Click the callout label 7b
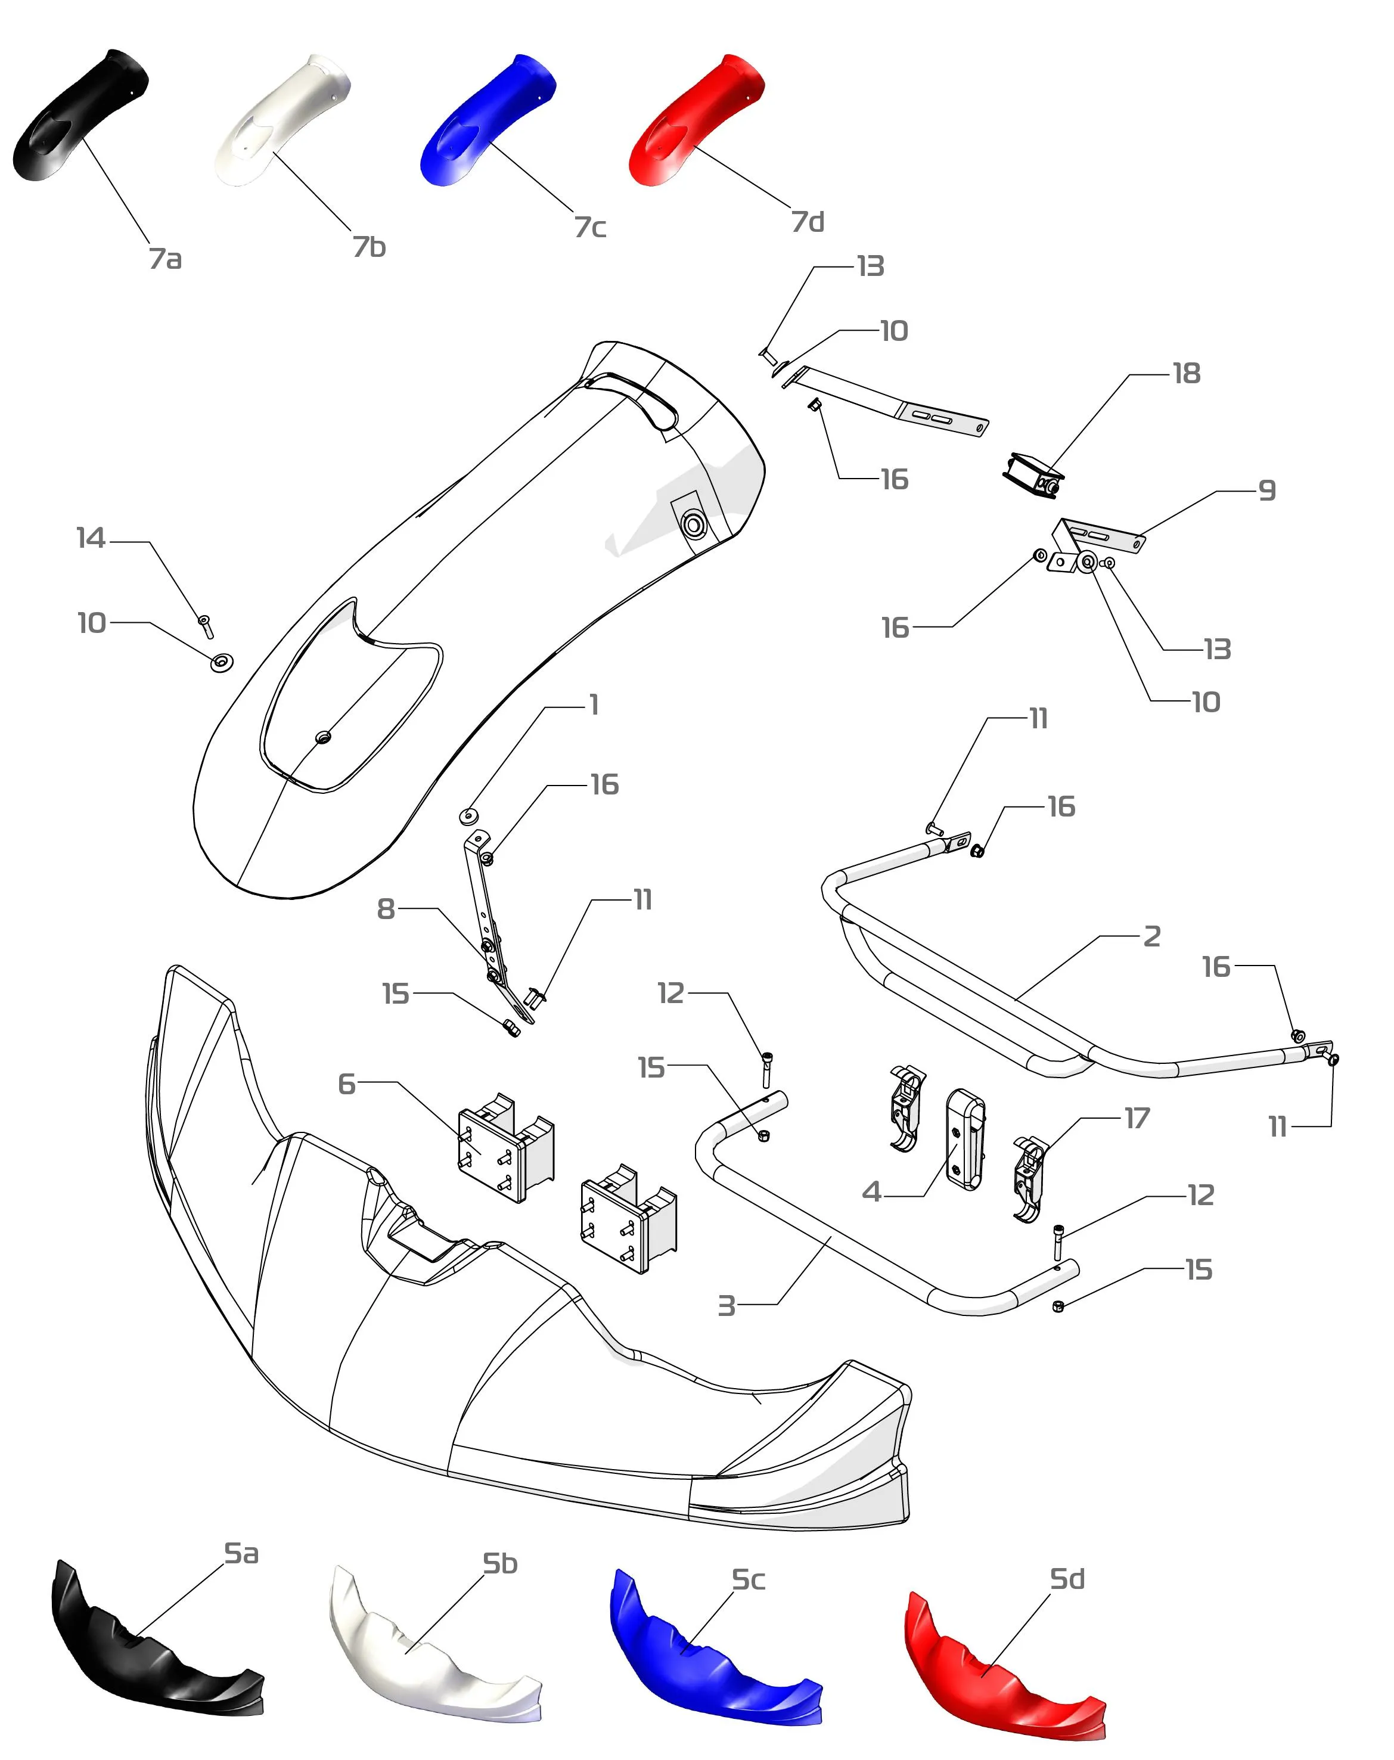pos(369,247)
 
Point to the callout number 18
pos(1186,374)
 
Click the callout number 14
pos(91,539)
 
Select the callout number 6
pos(347,1084)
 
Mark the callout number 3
pos(725,1306)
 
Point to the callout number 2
pos(1151,936)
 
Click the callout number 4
pos(872,1193)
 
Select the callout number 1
pos(594,704)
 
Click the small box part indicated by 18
pos(1032,474)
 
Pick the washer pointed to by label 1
pos(469,814)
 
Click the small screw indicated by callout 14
pos(206,626)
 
